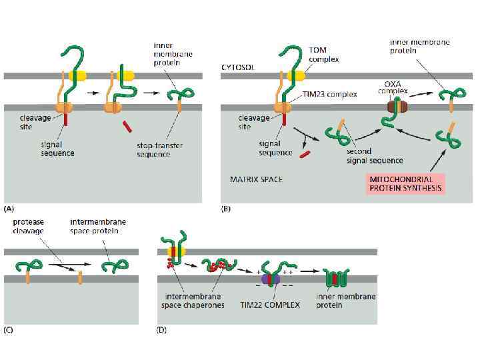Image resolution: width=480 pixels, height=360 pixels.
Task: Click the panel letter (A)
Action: (x=10, y=209)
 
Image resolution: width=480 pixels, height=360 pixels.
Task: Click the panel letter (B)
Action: (x=227, y=209)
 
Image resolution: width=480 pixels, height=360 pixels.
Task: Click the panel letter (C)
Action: (x=10, y=329)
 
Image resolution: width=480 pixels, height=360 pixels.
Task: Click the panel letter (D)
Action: (x=161, y=329)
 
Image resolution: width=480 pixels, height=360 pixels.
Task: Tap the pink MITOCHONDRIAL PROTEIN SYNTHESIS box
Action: (x=405, y=183)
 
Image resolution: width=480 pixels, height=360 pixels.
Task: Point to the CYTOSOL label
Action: (x=236, y=67)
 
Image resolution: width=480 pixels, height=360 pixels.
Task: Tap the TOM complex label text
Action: (x=324, y=55)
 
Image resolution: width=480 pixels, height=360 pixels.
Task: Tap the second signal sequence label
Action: (x=374, y=155)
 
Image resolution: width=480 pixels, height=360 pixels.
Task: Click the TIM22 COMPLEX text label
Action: (x=270, y=305)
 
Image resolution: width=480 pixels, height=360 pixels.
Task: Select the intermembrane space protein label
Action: (x=98, y=226)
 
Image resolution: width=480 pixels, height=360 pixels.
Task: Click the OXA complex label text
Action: (x=397, y=87)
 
